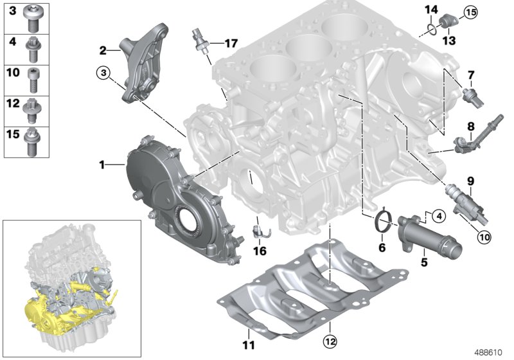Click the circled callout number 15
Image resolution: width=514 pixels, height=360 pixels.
click(471, 12)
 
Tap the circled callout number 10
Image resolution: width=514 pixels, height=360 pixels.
click(483, 236)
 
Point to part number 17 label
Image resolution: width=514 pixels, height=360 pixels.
click(230, 43)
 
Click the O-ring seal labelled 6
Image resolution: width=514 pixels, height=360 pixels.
click(383, 222)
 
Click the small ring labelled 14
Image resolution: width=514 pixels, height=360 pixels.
click(434, 26)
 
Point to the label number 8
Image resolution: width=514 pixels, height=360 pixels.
click(471, 126)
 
